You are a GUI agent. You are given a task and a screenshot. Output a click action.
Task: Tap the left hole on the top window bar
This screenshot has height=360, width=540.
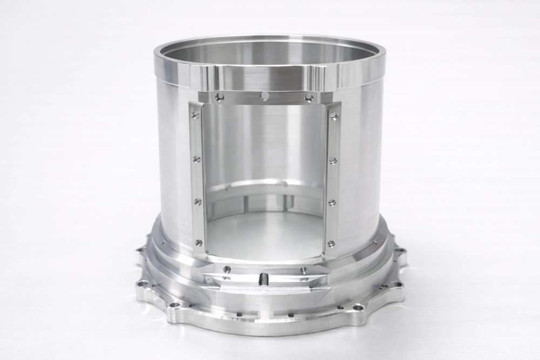pyautogui.click(x=219, y=97)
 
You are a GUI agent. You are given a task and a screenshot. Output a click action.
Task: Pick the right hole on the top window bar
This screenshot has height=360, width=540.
pyautogui.click(x=309, y=98)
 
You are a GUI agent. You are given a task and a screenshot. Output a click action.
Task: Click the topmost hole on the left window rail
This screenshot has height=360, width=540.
pyautogui.click(x=195, y=114)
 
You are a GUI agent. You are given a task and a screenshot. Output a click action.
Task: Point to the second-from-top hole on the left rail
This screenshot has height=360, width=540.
pyautogui.click(x=197, y=159)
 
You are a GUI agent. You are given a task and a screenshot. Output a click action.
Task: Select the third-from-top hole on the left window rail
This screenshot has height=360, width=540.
pyautogui.click(x=198, y=202)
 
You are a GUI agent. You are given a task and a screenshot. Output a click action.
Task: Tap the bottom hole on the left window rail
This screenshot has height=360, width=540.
pyautogui.click(x=199, y=242)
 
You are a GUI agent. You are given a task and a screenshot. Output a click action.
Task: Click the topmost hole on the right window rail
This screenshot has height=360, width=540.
pyautogui.click(x=334, y=116)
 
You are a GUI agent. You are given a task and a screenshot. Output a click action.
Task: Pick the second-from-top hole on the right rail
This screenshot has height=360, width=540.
pyautogui.click(x=333, y=160)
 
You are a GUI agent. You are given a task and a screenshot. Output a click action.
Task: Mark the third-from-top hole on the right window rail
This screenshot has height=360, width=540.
pyautogui.click(x=332, y=203)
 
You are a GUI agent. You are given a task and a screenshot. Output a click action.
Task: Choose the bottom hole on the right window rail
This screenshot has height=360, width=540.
pyautogui.click(x=330, y=244)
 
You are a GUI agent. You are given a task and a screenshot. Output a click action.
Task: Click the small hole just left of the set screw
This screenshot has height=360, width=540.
pyautogui.click(x=227, y=269)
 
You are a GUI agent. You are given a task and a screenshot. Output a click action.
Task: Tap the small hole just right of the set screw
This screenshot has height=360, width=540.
pyautogui.click(x=304, y=270)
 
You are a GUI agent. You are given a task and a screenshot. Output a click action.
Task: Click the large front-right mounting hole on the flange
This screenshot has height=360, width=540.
pyautogui.click(x=357, y=308)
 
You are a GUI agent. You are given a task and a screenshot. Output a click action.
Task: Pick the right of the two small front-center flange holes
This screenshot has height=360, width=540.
pyautogui.click(x=291, y=314)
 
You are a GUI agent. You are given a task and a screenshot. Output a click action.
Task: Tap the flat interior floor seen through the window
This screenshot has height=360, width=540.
pyautogui.click(x=265, y=232)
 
